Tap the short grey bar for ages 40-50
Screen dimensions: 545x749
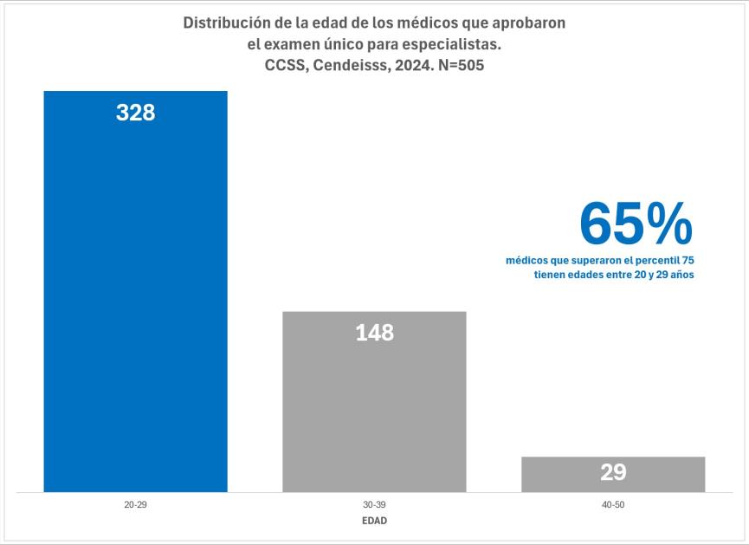tap(613, 474)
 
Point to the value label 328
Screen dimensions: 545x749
tap(135, 112)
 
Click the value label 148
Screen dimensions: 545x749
tap(374, 332)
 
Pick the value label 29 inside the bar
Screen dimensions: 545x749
tap(613, 473)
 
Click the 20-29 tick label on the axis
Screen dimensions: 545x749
tap(135, 503)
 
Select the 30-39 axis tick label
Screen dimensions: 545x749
tap(374, 503)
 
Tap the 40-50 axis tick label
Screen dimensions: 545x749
tap(613, 503)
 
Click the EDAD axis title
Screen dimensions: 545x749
tap(374, 522)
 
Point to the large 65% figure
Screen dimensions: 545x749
tap(636, 224)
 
